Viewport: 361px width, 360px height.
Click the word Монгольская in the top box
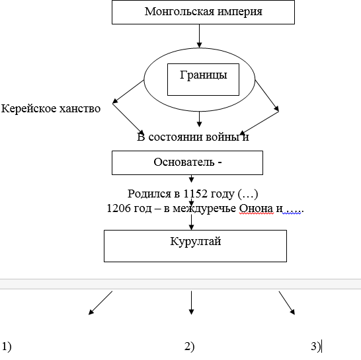point(180,11)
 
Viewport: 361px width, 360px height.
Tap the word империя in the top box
point(239,12)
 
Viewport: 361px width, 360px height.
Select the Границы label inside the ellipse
point(203,75)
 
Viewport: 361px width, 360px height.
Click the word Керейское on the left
point(28,109)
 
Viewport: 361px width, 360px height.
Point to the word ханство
point(80,108)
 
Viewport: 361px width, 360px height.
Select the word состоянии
point(176,137)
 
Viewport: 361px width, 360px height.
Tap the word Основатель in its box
point(184,162)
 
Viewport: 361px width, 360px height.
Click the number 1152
point(196,194)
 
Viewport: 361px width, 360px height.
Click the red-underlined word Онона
point(257,209)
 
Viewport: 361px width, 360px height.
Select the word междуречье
point(204,209)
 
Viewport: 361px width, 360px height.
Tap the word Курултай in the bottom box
point(196,242)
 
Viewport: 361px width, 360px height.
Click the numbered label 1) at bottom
point(7,346)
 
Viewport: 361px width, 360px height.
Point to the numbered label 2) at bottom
point(190,346)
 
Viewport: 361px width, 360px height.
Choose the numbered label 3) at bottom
point(315,346)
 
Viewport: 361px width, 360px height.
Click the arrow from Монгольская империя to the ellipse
point(200,36)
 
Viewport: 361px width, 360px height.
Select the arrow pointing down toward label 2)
point(191,303)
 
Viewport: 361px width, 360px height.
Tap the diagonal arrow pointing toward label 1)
point(100,303)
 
